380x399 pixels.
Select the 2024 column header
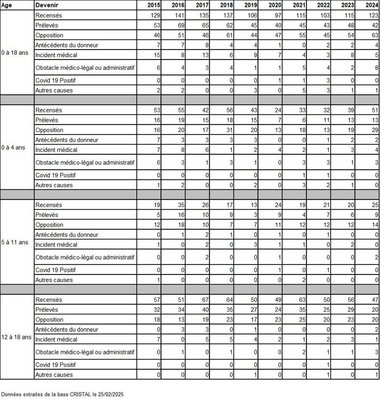point(371,5)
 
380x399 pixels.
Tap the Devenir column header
point(46,5)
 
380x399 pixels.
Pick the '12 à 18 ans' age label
point(16,337)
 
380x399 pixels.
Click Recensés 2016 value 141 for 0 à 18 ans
point(177,15)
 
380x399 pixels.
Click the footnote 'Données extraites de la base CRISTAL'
point(62,394)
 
